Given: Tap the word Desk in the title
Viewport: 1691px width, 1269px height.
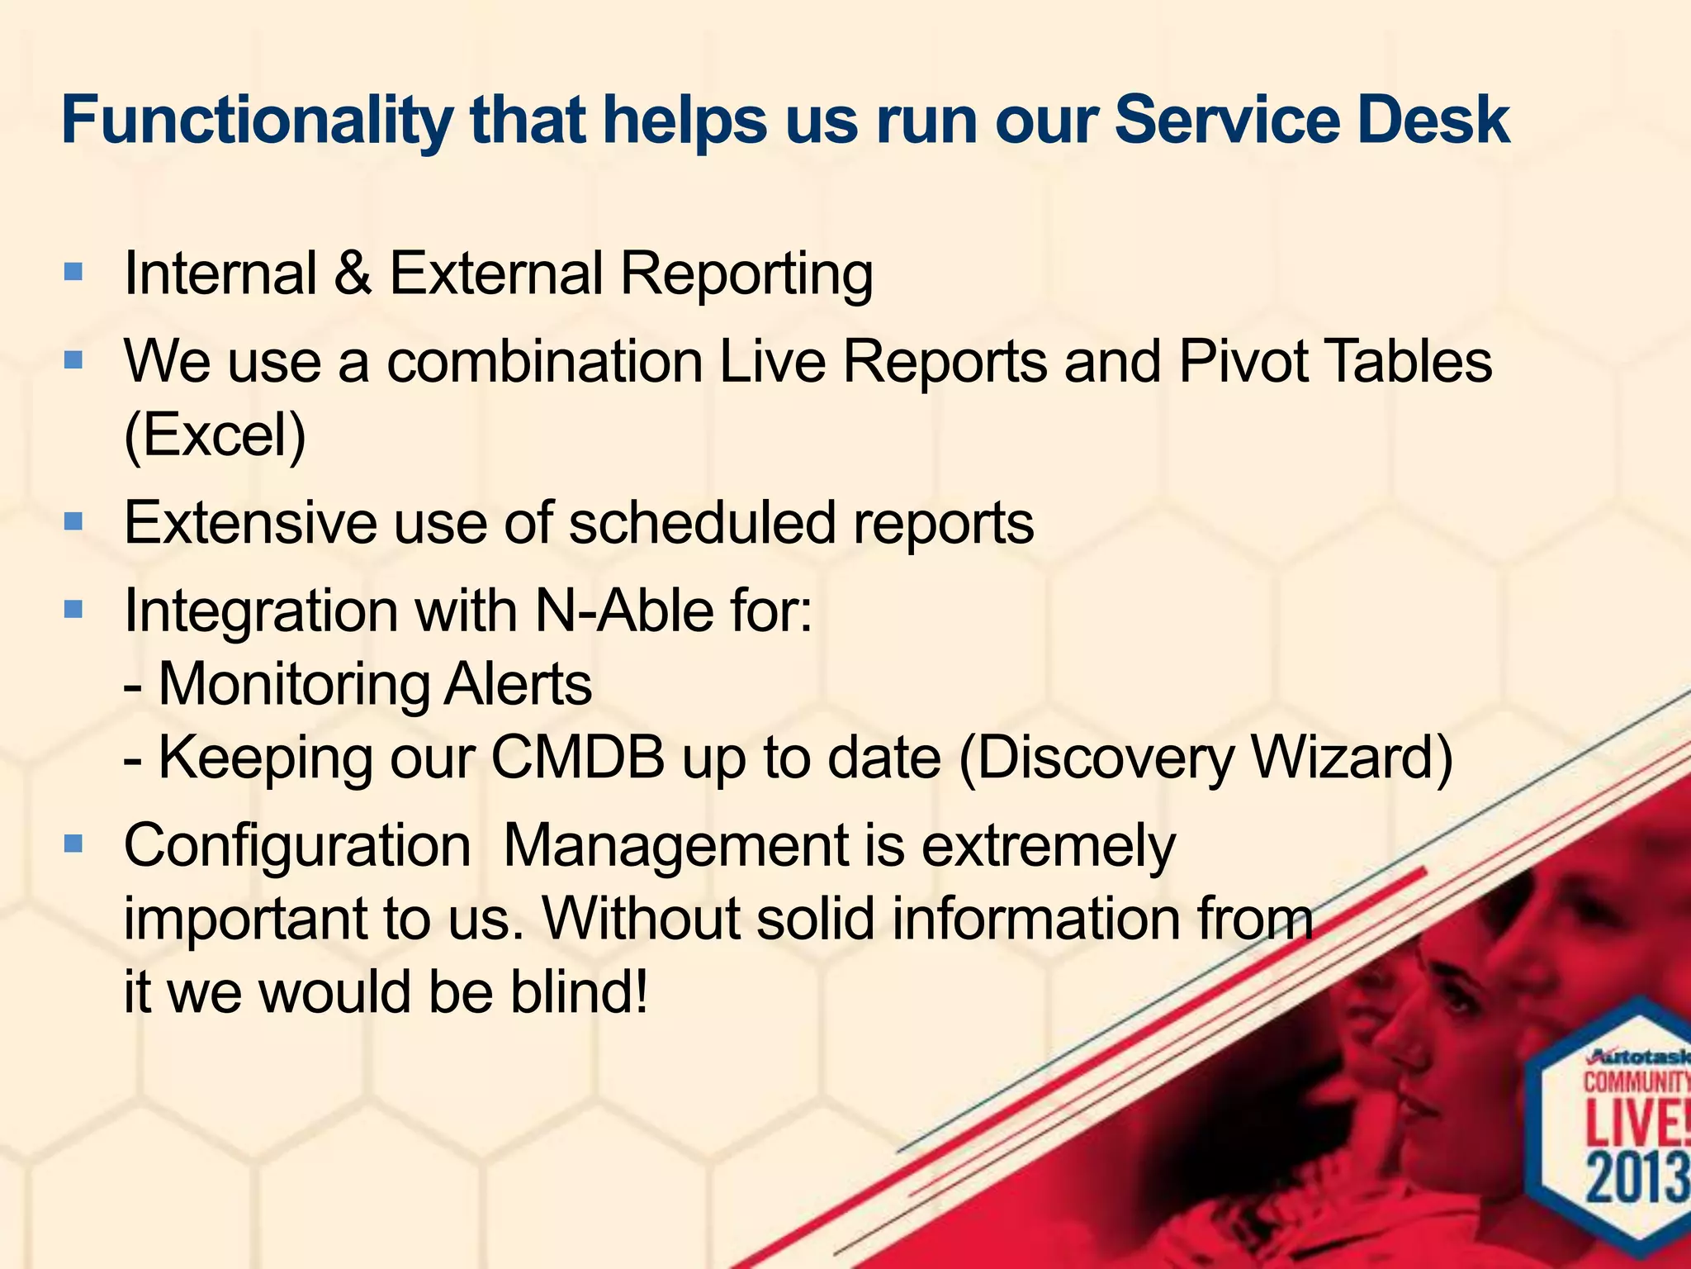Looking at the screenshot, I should point(1433,121).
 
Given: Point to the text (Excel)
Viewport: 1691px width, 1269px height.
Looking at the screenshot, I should point(215,435).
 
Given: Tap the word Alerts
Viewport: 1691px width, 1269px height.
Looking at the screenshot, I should point(518,684).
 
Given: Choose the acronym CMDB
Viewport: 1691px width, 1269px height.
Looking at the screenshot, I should point(578,757).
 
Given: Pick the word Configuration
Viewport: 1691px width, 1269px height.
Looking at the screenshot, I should point(297,846).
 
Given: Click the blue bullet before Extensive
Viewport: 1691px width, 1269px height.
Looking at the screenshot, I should point(73,523).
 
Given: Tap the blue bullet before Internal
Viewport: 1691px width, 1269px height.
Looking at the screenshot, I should point(73,273).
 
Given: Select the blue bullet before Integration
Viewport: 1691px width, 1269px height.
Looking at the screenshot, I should point(73,611).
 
